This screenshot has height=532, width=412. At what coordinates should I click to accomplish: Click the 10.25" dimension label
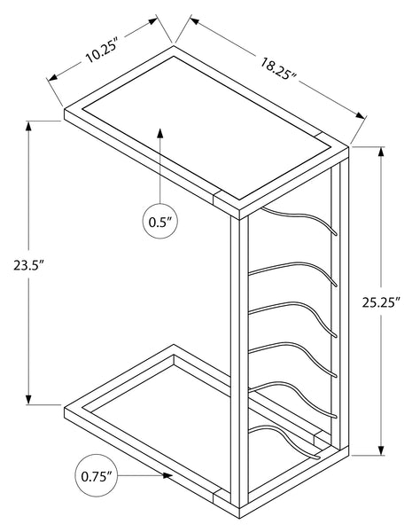102,52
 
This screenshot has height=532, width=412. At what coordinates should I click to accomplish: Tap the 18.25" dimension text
279,69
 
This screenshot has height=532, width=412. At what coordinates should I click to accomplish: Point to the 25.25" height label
382,302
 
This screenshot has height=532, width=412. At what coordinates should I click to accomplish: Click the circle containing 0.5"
160,221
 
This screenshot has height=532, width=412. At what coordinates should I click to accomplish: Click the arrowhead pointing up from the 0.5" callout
160,133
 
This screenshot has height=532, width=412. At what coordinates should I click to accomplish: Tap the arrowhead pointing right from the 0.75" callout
167,475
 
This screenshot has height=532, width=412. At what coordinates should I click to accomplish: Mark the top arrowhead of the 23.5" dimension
29,126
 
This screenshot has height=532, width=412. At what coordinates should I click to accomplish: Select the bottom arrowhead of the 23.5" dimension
29,399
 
